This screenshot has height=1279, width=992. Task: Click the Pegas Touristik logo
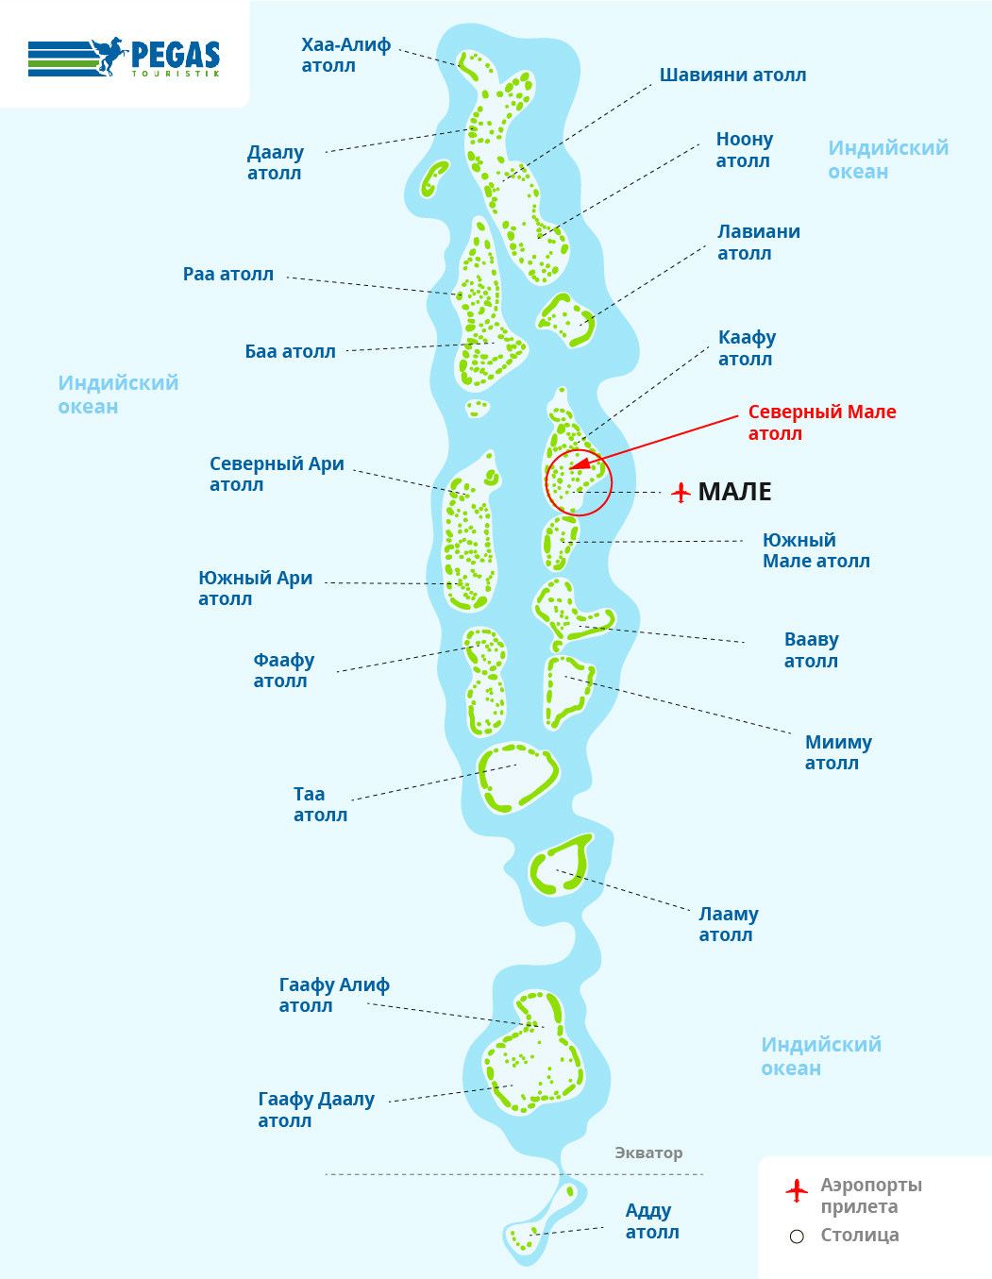point(125,57)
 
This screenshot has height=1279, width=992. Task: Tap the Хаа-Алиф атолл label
point(346,55)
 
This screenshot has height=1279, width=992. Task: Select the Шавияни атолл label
point(732,76)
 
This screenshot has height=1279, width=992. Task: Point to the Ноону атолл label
point(745,149)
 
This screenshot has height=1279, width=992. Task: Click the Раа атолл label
point(228,275)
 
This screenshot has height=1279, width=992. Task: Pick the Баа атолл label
point(290,352)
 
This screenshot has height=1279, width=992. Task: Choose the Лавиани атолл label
point(759,243)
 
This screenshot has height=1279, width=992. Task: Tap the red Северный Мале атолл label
point(822,423)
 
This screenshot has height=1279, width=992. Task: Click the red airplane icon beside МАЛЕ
point(681,492)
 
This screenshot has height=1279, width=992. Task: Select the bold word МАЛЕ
point(734,492)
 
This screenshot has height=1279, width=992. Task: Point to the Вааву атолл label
point(812,649)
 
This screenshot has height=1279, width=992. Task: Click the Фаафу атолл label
point(283,670)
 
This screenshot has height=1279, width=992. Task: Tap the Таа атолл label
point(320,804)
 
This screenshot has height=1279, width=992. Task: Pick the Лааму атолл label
point(729,924)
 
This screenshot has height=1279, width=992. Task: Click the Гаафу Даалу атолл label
point(316,1109)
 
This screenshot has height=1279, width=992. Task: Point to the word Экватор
point(648,1153)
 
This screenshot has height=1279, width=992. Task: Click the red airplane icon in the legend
point(796,1190)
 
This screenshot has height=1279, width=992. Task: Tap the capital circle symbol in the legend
point(797,1237)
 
